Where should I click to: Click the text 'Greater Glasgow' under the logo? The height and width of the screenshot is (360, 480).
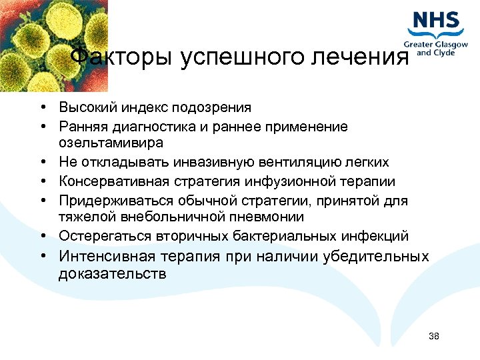tap(437, 45)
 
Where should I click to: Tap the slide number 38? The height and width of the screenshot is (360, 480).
tap(434, 336)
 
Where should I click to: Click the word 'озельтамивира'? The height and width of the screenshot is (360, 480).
tap(111, 143)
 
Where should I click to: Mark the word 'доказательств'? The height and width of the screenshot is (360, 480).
tap(113, 273)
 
